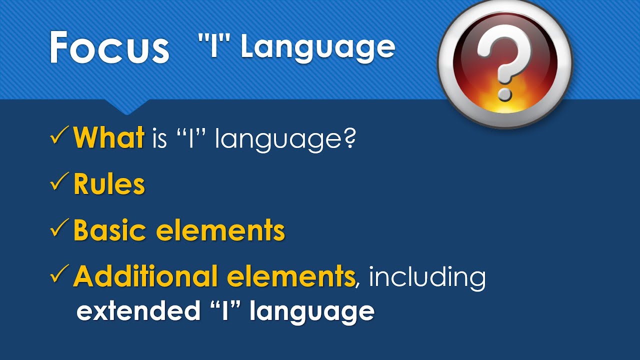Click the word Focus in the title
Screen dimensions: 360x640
pyautogui.click(x=109, y=47)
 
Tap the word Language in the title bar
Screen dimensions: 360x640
pyautogui.click(x=318, y=47)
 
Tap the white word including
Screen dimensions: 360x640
pyautogui.click(x=427, y=277)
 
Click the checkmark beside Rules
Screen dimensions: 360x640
pyautogui.click(x=60, y=183)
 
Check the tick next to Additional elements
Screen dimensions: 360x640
pyautogui.click(x=60, y=275)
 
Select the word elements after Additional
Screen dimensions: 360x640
pyautogui.click(x=290, y=276)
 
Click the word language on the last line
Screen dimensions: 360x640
pyautogui.click(x=312, y=312)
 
